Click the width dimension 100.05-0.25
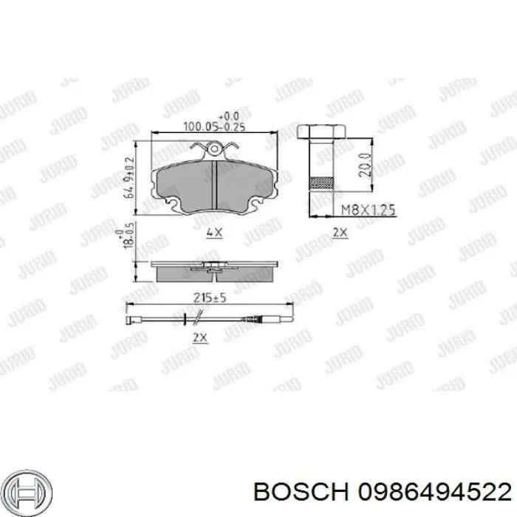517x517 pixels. pyautogui.click(x=213, y=127)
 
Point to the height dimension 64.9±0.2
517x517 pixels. pyautogui.click(x=130, y=177)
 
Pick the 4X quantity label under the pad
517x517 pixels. pyautogui.click(x=213, y=232)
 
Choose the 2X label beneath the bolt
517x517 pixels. pyautogui.click(x=339, y=233)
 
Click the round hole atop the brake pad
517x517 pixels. pyautogui.click(x=214, y=152)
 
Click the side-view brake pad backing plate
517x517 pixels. pyautogui.click(x=213, y=263)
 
